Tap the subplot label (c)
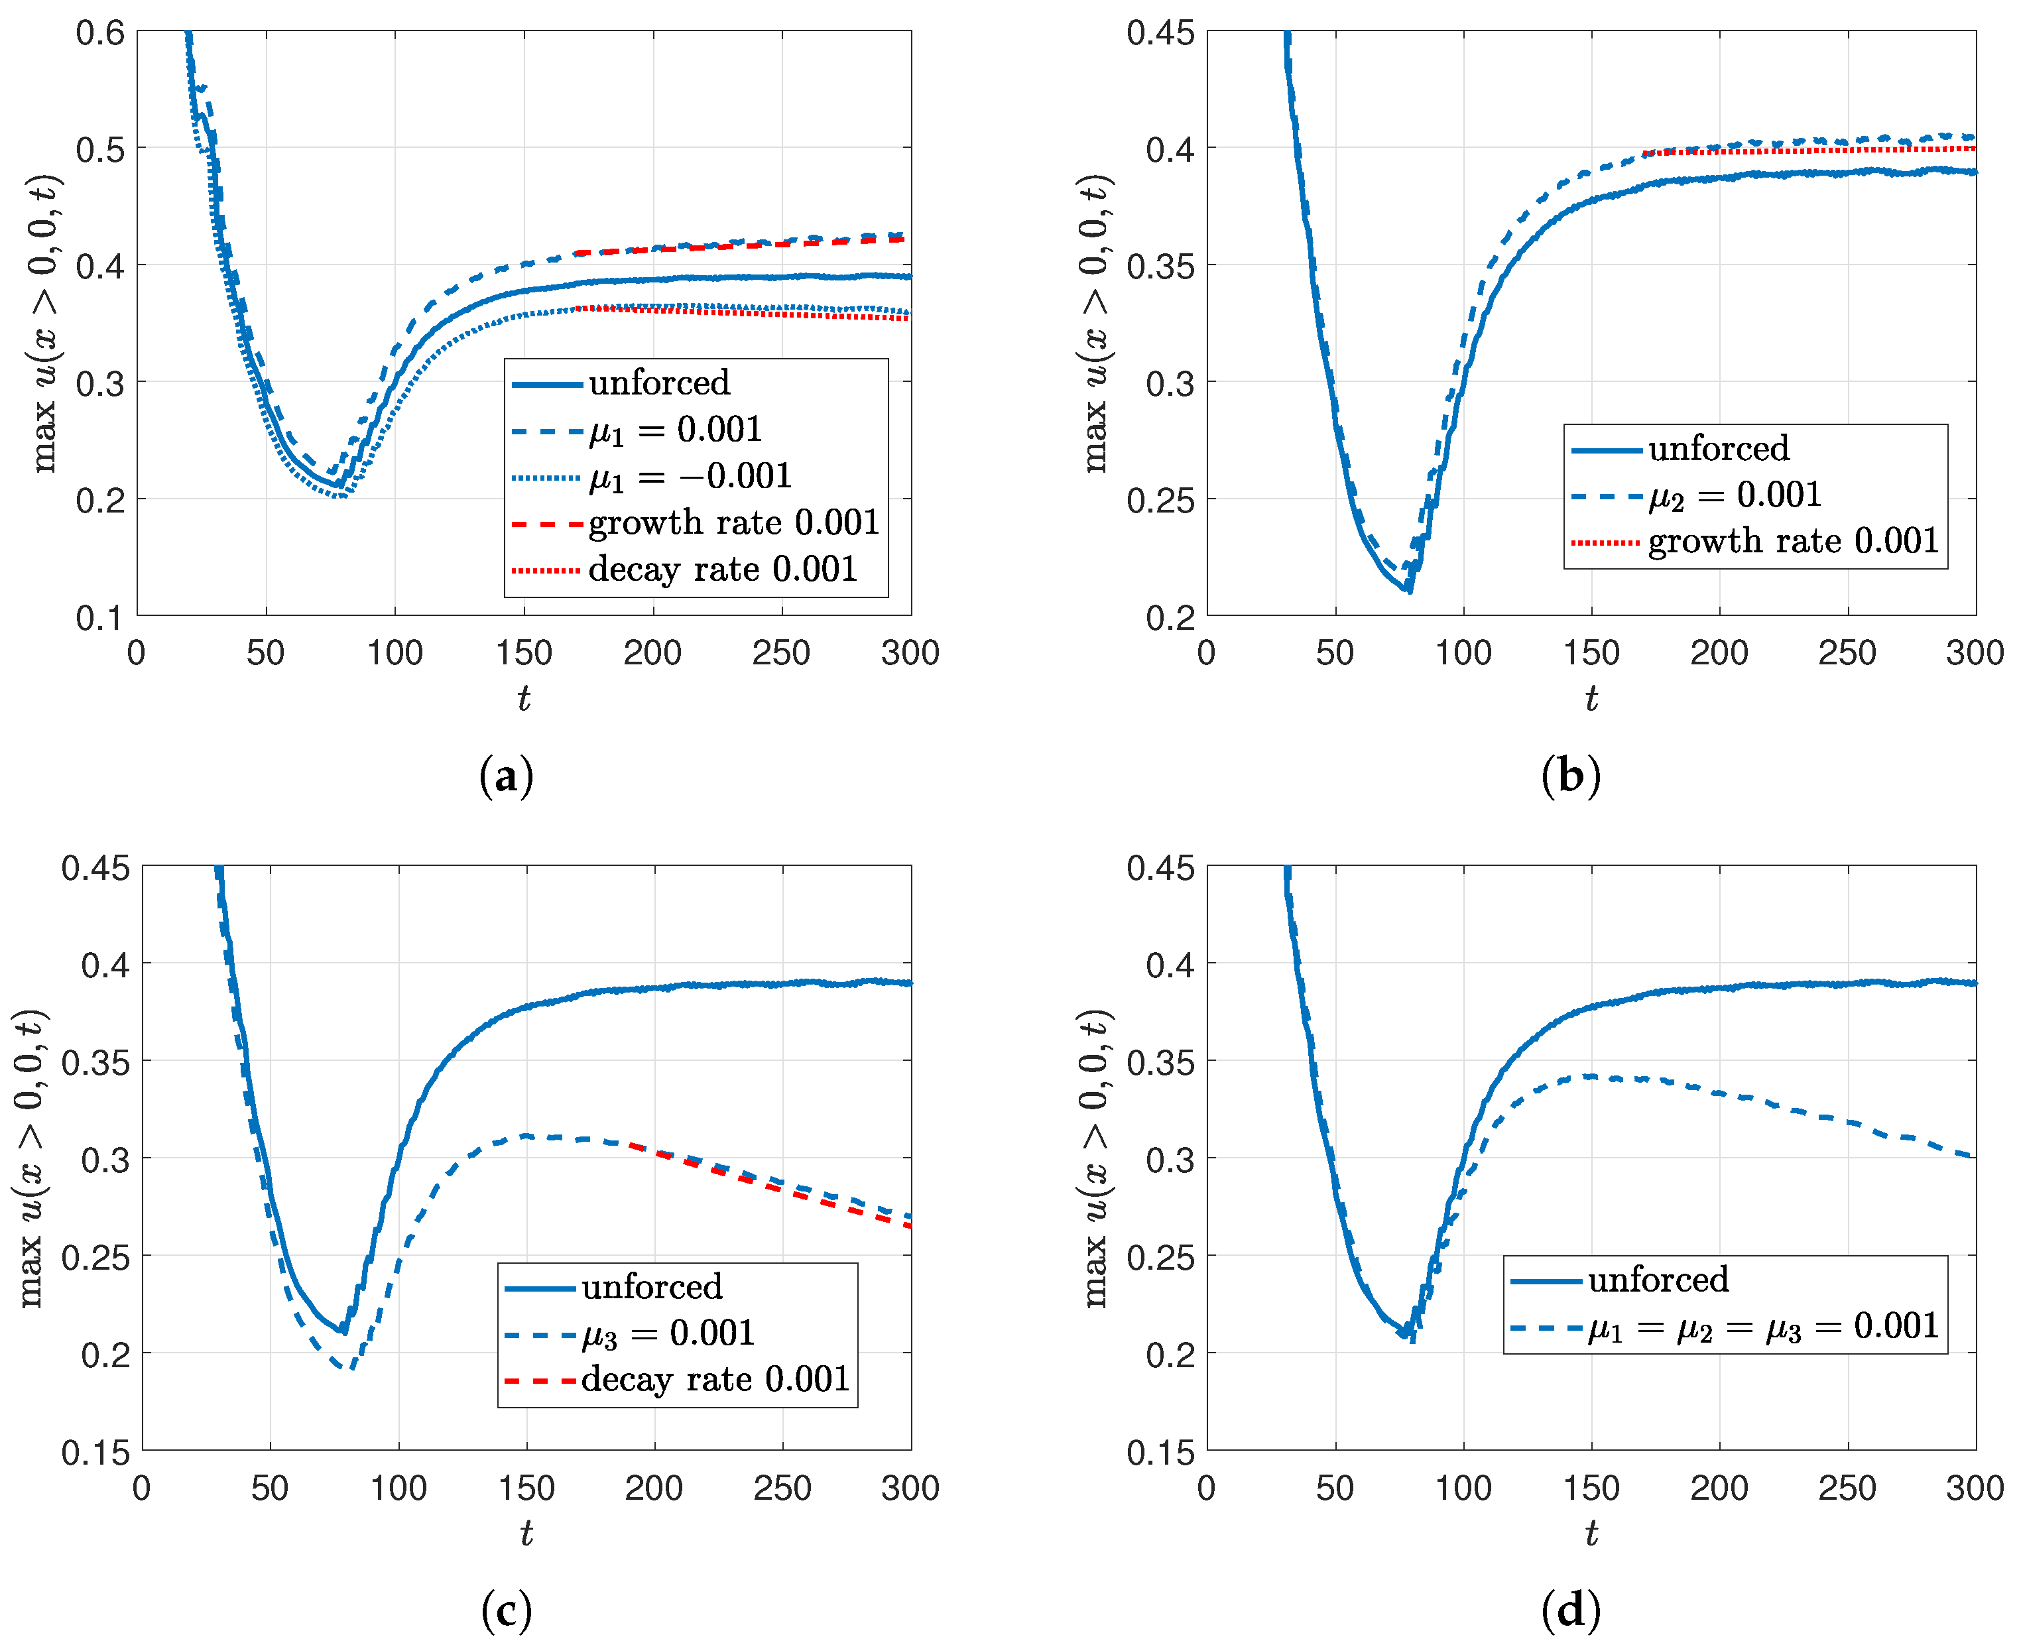[x=506, y=1612]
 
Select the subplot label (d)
[x=1571, y=1612]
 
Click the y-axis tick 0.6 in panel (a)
[x=101, y=33]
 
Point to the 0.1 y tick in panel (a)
[x=101, y=618]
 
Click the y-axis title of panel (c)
[x=31, y=1158]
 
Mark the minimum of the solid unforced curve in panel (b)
[x=1410, y=590]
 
